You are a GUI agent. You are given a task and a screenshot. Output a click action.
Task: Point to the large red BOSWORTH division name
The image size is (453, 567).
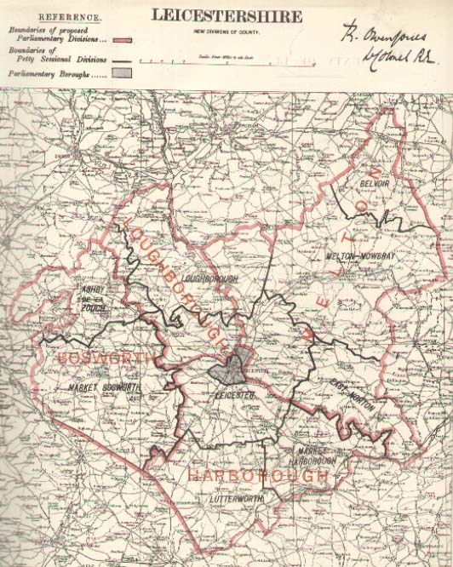coord(94,358)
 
